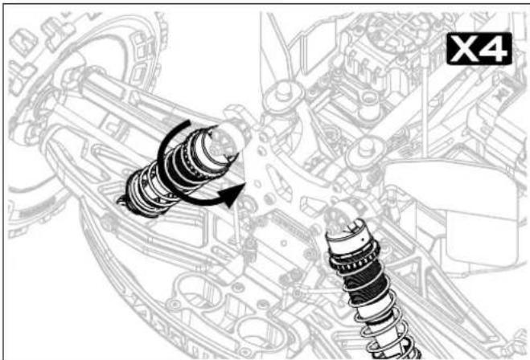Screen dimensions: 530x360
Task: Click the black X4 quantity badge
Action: point(479,49)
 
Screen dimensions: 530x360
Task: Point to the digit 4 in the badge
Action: point(494,49)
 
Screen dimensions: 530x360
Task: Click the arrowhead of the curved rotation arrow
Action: point(232,194)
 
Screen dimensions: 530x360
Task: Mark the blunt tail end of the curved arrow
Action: point(187,123)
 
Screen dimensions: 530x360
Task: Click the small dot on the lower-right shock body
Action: point(363,239)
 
